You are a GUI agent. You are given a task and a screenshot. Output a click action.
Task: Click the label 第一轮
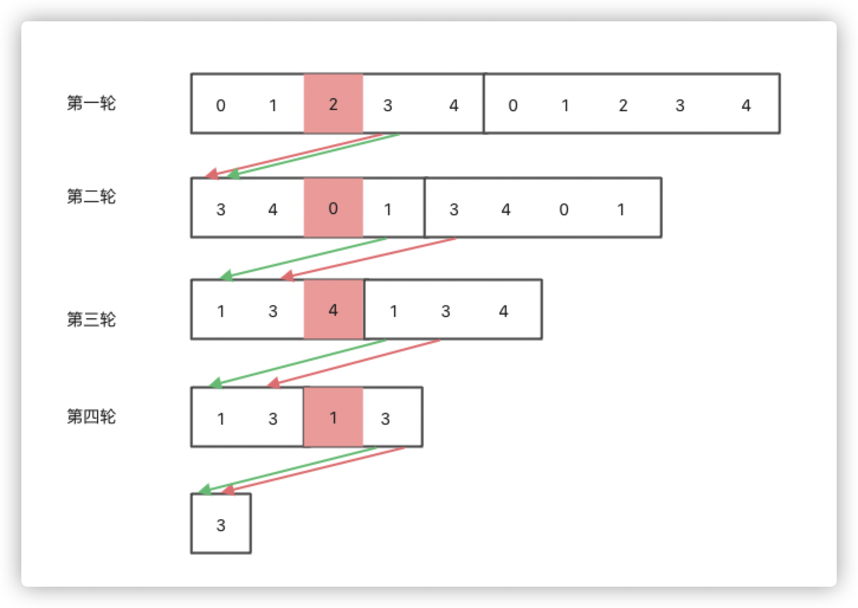91,104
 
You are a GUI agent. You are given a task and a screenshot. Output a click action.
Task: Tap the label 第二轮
91,196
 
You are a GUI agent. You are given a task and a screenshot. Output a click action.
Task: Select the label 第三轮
91,319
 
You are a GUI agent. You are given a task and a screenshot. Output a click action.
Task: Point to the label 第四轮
91,416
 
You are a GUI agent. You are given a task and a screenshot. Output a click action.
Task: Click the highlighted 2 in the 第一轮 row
333,105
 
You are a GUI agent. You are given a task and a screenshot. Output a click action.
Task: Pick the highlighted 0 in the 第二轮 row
333,208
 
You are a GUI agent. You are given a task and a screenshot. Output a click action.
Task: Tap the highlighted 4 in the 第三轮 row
333,311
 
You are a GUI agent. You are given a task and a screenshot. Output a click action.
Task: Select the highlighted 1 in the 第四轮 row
333,418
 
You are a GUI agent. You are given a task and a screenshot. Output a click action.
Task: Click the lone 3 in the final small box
221,525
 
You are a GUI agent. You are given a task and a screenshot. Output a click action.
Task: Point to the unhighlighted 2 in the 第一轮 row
622,105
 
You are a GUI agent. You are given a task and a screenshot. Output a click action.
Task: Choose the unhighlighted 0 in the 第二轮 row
563,209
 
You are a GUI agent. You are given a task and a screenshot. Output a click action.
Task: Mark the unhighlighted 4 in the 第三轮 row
504,311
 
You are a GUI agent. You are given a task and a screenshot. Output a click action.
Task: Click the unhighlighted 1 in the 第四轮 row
221,419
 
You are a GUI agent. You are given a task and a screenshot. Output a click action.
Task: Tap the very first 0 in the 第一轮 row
221,106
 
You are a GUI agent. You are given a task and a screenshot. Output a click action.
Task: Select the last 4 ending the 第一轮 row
746,105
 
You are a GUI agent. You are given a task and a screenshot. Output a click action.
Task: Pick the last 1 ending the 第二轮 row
621,209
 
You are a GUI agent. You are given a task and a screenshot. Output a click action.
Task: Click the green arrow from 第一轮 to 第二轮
314,155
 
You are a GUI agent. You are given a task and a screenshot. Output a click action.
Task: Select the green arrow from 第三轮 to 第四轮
298,361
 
